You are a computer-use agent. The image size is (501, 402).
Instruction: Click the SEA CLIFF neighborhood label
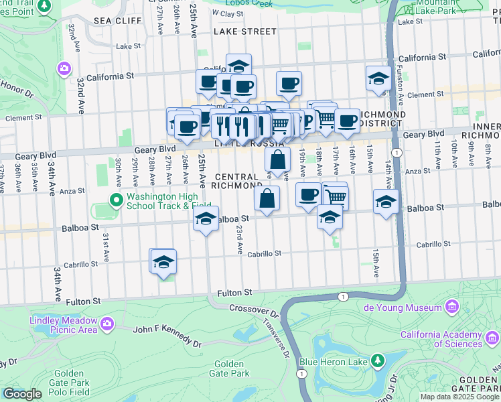click(118, 21)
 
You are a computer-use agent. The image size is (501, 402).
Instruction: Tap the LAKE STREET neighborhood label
click(244, 31)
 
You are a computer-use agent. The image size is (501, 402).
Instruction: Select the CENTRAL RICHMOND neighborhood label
click(238, 181)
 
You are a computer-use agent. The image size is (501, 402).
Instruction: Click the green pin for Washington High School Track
click(115, 199)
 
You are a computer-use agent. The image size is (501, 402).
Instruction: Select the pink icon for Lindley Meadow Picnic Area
click(107, 325)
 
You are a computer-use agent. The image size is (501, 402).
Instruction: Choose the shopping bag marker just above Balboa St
click(267, 198)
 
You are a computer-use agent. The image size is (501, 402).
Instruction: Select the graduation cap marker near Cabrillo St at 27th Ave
click(163, 262)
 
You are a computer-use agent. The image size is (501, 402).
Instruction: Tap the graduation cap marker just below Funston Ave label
click(378, 78)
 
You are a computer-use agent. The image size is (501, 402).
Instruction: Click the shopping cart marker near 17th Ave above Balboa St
click(336, 196)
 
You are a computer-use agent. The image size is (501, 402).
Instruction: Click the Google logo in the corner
click(22, 394)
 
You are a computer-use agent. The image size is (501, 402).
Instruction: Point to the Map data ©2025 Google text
click(459, 397)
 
